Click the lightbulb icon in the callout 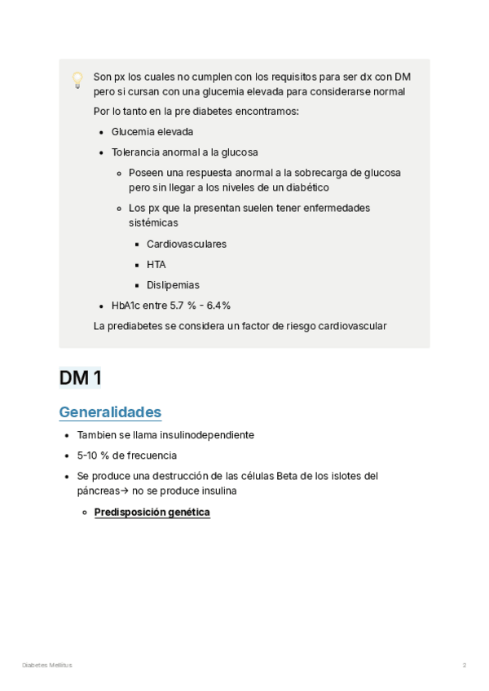[77, 79]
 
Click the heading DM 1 [79, 378]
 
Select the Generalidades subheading [110, 412]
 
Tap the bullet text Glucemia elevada [152, 131]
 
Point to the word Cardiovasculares [187, 244]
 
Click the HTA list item [156, 264]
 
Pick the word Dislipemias [173, 285]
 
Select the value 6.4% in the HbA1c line [218, 306]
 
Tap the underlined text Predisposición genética [152, 513]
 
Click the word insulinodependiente [207, 435]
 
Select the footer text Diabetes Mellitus [46, 666]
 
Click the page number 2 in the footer [465, 666]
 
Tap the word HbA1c [126, 306]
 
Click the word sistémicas [153, 222]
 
